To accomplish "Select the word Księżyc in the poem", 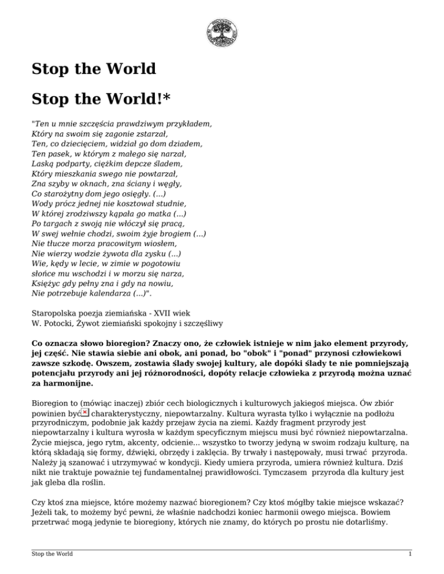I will pyautogui.click(x=48, y=284).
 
